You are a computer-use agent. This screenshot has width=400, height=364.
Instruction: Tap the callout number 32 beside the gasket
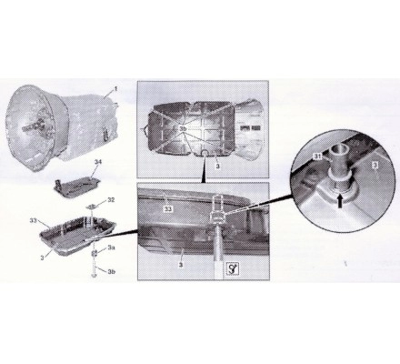coord(111,200)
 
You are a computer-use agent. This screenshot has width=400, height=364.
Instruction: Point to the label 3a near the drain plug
coord(111,248)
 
